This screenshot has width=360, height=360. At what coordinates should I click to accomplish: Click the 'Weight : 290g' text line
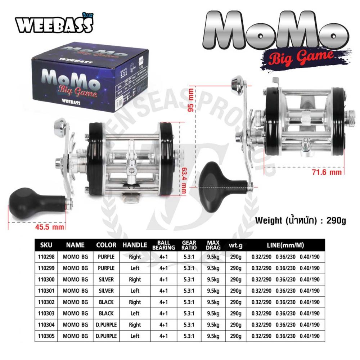(300, 220)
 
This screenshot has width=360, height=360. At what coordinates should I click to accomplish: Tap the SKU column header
(47, 245)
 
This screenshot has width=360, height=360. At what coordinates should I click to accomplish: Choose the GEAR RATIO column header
(189, 245)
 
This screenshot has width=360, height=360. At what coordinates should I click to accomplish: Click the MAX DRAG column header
(213, 245)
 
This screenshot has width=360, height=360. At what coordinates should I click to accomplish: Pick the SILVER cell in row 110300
(106, 279)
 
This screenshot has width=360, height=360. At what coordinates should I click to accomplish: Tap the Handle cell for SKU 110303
(135, 313)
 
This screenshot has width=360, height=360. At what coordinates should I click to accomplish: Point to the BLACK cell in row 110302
(106, 302)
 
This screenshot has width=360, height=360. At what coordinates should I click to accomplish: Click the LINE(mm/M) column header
(285, 245)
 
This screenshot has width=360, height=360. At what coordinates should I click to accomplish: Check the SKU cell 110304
(46, 324)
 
